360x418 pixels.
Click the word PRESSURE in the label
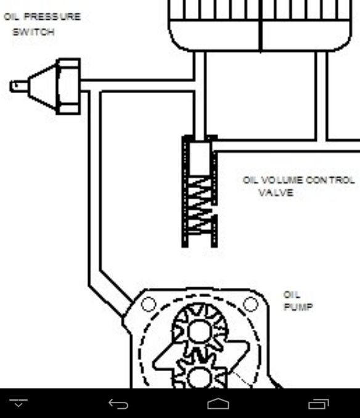click(x=52, y=17)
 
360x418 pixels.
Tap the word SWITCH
click(x=33, y=32)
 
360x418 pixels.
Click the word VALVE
click(x=276, y=192)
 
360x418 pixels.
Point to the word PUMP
click(x=298, y=307)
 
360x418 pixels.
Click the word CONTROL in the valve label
click(x=330, y=180)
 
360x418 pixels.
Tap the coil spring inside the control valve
click(x=200, y=205)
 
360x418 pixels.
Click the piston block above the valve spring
click(x=200, y=159)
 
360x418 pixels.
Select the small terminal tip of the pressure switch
click(x=18, y=86)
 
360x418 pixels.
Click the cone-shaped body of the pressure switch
click(x=43, y=86)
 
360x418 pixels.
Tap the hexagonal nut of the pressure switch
click(x=68, y=86)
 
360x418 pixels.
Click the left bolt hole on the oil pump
click(x=148, y=304)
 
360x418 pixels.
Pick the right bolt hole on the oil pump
click(x=251, y=304)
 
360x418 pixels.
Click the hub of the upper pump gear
click(x=200, y=331)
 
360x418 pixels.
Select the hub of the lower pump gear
click(x=200, y=378)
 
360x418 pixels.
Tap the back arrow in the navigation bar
click(x=118, y=404)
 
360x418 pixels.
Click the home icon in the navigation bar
click(x=218, y=404)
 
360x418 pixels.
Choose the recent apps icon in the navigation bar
click(x=319, y=404)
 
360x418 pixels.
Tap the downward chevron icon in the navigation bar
click(x=18, y=403)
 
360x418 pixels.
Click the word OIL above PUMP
click(x=292, y=295)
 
